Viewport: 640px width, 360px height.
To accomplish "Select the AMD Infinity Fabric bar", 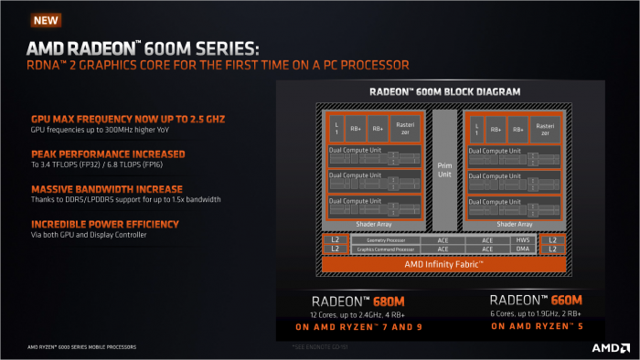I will click(x=443, y=263).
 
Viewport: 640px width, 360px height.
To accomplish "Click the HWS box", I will click(x=522, y=239).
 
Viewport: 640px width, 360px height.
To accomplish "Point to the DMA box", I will click(x=522, y=248).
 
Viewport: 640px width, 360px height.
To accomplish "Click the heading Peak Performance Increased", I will click(x=96, y=154).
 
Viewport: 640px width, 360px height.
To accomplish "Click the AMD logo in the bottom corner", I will click(x=607, y=348).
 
